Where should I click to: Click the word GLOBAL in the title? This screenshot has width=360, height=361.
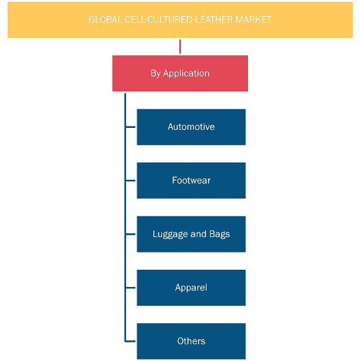(105, 20)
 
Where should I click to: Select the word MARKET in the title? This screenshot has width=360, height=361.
(253, 20)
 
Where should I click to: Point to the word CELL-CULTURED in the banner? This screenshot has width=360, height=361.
(159, 20)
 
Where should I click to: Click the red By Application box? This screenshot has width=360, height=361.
(180, 73)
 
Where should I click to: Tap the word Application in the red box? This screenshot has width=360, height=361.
(186, 74)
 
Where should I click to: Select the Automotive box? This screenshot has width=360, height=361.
(191, 127)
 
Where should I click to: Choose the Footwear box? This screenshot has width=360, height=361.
(191, 180)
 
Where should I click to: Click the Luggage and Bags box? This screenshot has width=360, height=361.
(191, 234)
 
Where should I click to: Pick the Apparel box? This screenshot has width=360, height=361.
(191, 288)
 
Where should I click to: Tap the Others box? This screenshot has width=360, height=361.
(191, 341)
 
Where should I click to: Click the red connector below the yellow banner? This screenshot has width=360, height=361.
(180, 47)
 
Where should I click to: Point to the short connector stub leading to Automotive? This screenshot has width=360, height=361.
(131, 127)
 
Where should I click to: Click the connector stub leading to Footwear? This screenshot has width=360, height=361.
(131, 180)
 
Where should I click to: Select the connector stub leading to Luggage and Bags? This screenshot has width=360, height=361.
(131, 234)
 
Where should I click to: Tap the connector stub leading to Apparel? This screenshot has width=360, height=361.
(131, 288)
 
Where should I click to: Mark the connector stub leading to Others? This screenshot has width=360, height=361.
(131, 341)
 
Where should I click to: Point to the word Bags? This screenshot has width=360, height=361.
(219, 234)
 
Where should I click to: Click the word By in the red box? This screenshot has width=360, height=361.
(155, 74)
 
